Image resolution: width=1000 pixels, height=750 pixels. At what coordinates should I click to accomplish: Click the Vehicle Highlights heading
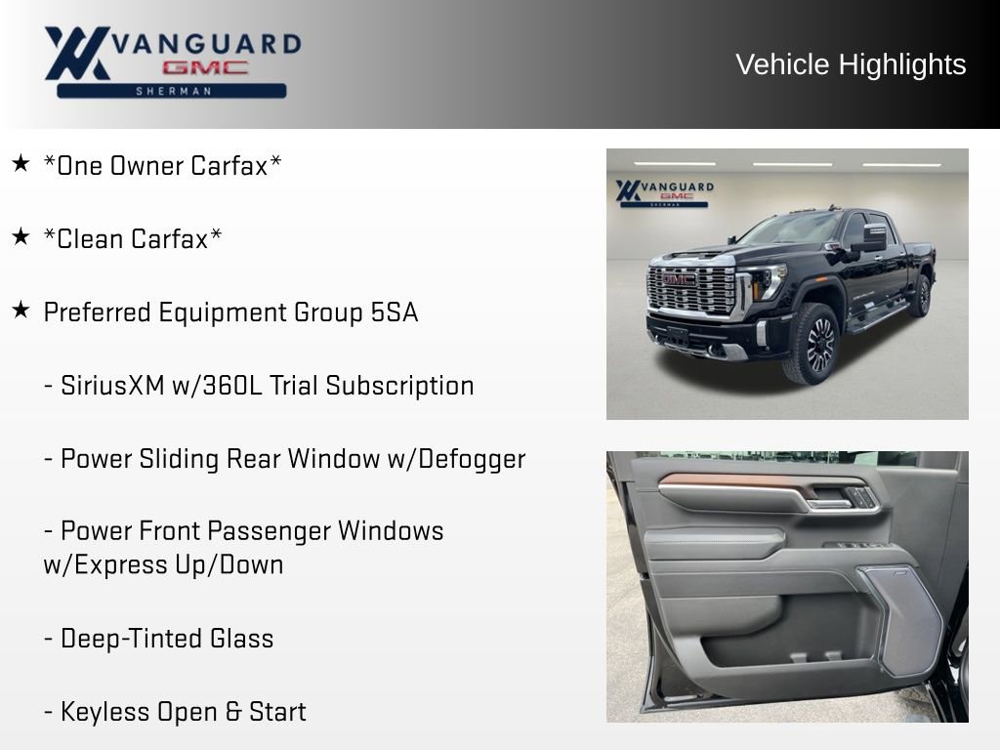tap(851, 64)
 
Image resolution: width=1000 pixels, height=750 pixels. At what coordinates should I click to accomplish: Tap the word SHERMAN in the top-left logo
tap(171, 91)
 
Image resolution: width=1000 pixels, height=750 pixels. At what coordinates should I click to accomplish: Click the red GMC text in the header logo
tap(205, 67)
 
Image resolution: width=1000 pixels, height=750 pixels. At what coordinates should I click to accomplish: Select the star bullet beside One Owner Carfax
tap(21, 163)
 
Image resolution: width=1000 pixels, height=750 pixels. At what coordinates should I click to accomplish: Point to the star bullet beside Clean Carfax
tap(21, 236)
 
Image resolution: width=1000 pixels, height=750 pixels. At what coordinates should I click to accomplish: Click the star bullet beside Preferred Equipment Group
tap(21, 310)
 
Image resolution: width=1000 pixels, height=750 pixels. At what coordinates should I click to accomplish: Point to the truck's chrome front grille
tap(690, 290)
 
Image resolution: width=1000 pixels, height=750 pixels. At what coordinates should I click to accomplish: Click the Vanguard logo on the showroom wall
tap(664, 191)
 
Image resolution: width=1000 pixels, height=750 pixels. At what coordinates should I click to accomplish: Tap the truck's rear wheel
tap(920, 295)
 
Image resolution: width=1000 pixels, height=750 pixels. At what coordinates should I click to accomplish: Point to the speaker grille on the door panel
tap(901, 620)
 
